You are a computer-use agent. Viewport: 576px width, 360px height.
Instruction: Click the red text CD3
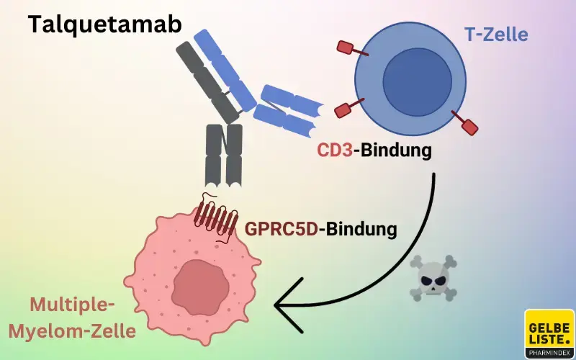[336, 151]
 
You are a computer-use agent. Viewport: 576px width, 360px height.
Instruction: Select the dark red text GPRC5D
[282, 229]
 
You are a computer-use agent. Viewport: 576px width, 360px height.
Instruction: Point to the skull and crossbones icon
[433, 276]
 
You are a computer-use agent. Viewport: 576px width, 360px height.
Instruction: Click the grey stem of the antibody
[224, 155]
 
